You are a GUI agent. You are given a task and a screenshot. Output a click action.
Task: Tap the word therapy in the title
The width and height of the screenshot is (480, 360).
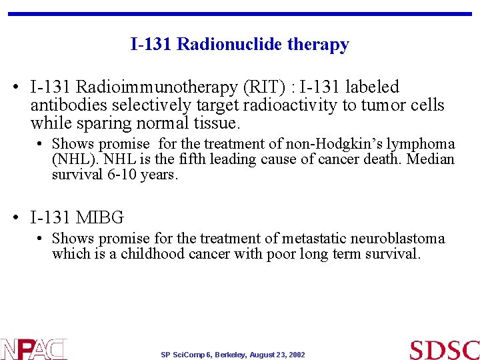tap(319, 45)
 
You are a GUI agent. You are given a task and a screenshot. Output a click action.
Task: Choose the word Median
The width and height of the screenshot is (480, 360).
tap(430, 160)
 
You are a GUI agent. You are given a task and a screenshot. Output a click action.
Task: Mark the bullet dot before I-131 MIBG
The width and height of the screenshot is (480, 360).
tap(19, 218)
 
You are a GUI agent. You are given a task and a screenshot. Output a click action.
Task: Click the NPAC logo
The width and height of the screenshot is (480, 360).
tap(33, 349)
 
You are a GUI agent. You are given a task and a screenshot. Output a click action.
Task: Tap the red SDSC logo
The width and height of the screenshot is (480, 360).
tap(444, 349)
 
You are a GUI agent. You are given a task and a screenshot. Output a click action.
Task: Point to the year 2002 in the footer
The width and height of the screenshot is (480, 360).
tap(297, 355)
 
